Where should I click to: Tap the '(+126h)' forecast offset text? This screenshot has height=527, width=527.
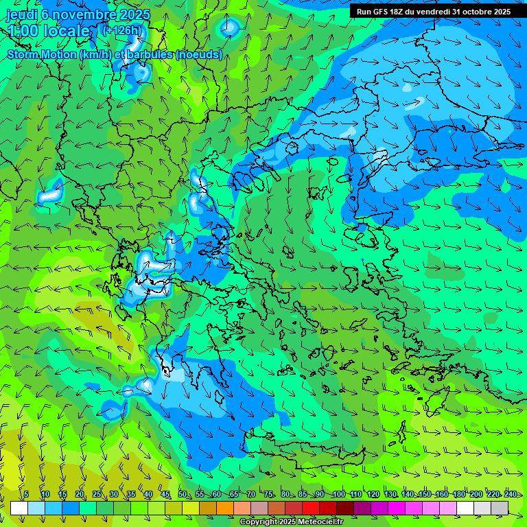point(122,30)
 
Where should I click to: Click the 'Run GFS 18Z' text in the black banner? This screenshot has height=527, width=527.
point(381,12)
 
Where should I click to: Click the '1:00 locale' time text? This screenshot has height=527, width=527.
point(49,31)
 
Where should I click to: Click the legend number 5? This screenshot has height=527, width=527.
point(26,494)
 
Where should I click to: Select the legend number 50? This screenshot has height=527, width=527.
point(183,494)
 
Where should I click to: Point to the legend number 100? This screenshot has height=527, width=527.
point(338,494)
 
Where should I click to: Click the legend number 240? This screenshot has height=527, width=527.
point(511,494)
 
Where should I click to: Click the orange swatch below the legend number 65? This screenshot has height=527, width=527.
point(224,508)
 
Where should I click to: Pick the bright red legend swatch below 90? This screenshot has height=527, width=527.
point(311,508)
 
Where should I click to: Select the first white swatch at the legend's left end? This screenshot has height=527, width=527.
point(19,508)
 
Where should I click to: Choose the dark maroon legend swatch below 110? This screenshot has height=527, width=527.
point(345,508)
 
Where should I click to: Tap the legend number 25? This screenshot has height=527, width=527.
point(97,494)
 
